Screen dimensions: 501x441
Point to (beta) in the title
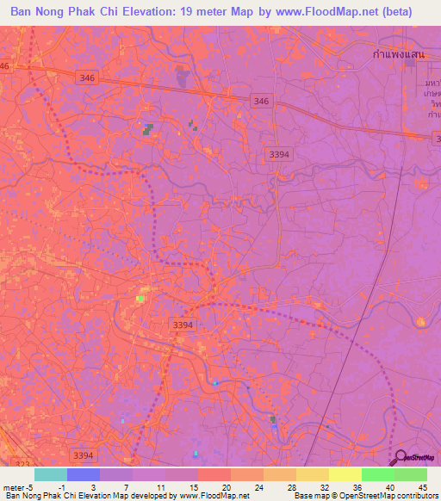click(x=394, y=12)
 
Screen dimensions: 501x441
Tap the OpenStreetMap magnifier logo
click(x=400, y=457)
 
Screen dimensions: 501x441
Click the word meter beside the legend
click(x=13, y=486)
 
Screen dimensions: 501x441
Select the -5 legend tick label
click(x=31, y=486)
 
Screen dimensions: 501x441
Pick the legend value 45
click(x=421, y=486)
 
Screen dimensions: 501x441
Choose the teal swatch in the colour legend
click(x=51, y=474)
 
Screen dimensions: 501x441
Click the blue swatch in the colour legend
click(x=84, y=474)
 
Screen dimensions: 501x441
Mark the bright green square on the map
click(x=140, y=299)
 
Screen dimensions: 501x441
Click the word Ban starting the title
click(x=24, y=12)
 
